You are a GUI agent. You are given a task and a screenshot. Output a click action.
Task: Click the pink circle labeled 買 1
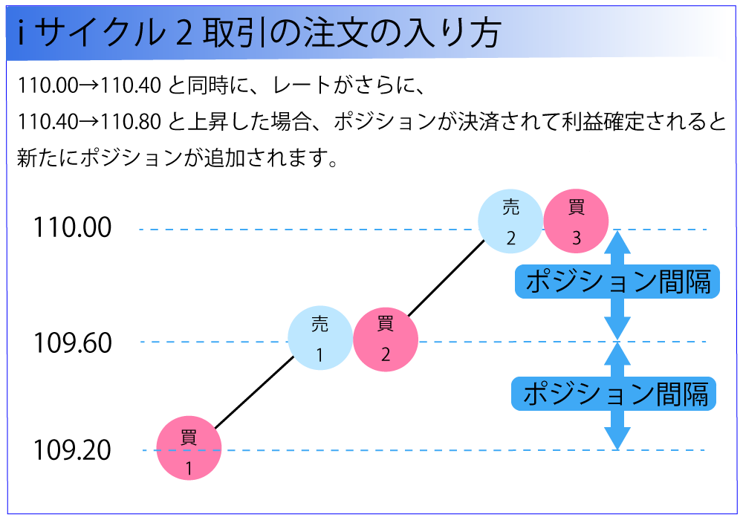189,448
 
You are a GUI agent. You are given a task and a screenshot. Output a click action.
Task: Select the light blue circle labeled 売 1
319,339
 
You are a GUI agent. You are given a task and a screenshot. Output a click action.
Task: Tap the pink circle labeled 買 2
385,339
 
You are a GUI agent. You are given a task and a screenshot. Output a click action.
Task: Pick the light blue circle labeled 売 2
510,221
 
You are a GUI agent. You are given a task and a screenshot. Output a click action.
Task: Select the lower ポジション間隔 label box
614,394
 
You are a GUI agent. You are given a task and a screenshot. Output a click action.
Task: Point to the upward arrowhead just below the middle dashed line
617,354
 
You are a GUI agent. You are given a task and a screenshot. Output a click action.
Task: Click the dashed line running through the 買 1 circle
446,450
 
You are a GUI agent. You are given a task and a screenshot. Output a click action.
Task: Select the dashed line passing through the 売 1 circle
223,342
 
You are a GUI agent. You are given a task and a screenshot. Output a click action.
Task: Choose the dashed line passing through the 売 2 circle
297,230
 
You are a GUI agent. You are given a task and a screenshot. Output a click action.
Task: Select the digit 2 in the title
183,35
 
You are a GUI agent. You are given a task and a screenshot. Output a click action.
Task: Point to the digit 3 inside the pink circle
577,238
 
